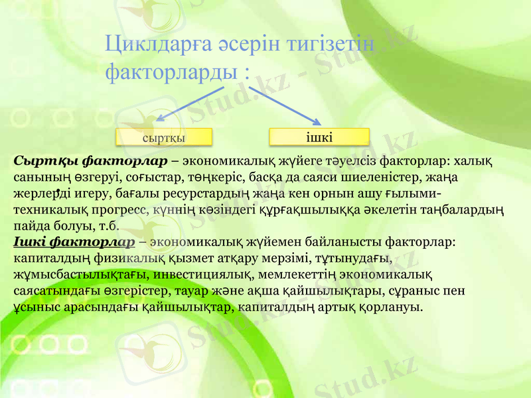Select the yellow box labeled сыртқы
(163, 137)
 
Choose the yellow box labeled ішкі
(319, 137)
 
